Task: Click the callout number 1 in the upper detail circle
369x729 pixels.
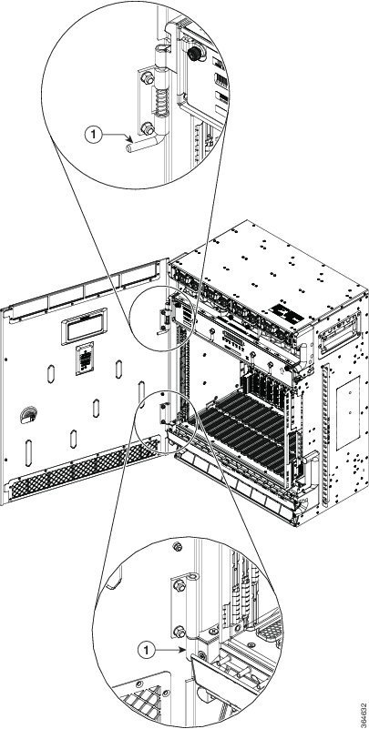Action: point(93,135)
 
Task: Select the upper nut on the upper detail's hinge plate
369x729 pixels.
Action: point(148,78)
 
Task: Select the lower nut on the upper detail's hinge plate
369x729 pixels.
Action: point(148,129)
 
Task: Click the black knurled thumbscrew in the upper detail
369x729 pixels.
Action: point(193,54)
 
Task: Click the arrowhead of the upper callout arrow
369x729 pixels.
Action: point(129,137)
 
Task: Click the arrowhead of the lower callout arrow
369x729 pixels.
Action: point(182,651)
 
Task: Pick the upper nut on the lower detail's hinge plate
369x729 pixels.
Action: point(179,585)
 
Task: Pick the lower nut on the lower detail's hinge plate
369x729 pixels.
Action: point(179,632)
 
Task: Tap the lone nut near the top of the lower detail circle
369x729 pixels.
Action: point(177,547)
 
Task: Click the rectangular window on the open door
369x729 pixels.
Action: point(84,327)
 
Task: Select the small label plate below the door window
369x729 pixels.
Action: point(85,358)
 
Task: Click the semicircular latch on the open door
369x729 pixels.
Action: point(29,414)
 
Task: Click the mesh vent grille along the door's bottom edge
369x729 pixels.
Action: point(85,471)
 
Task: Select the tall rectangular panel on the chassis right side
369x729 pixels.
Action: point(348,413)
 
